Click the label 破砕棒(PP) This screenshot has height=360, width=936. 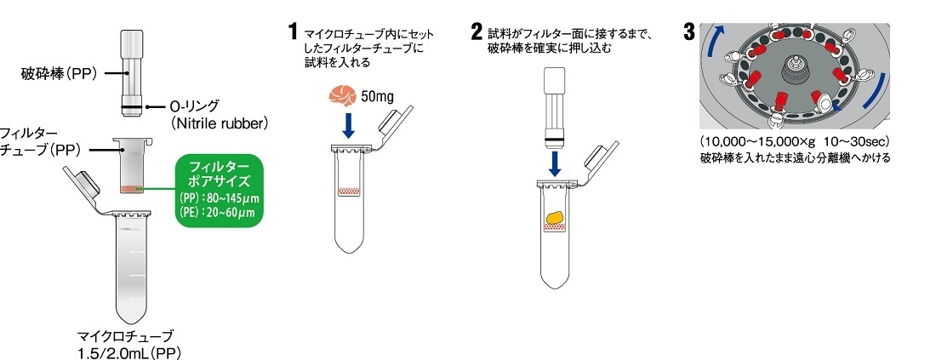[59, 75]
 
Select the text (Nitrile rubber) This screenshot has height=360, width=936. [219, 123]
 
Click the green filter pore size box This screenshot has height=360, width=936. [220, 190]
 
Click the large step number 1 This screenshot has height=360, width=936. [294, 33]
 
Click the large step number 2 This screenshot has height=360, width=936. [477, 33]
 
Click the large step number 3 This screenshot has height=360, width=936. [690, 32]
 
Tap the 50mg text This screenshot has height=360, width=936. [378, 95]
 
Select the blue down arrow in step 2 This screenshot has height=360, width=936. [556, 162]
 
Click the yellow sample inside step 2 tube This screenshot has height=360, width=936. [554, 219]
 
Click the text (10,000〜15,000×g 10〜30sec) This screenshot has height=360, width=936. [794, 140]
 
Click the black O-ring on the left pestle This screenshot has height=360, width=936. [131, 106]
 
